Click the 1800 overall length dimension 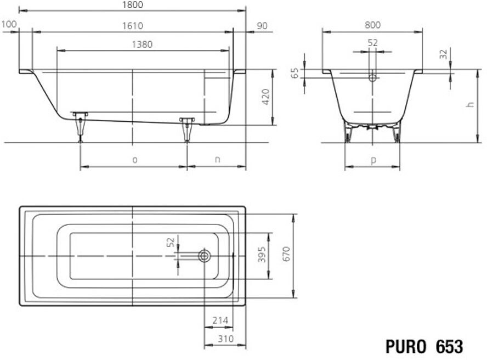point(133,5)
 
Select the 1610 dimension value point(133,26)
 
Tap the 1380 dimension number point(142,44)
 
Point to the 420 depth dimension point(265,97)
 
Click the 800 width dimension point(372,25)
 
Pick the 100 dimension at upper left point(9,24)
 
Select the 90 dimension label point(262,26)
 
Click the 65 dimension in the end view point(295,73)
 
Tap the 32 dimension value point(444,54)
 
